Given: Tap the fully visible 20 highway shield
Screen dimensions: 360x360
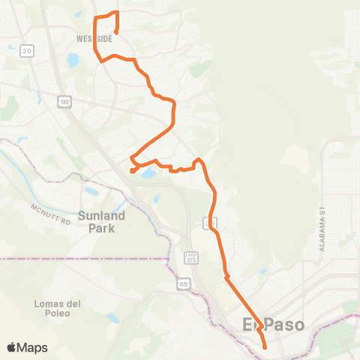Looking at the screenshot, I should tap(28, 50).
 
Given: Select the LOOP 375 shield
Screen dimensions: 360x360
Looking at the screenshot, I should tap(190, 257).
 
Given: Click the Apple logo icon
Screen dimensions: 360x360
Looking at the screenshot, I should tap(12, 347).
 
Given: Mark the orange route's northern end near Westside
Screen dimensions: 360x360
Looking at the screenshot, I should tap(116, 31).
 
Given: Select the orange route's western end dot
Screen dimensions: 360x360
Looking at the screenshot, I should tap(133, 170).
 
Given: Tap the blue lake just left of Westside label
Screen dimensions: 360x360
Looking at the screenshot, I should tap(72, 59).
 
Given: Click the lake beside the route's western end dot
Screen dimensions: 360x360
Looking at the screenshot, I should tap(148, 173).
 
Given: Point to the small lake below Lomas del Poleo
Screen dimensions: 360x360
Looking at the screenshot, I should tap(113, 318).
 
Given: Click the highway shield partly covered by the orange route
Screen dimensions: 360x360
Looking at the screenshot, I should tap(211, 223).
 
